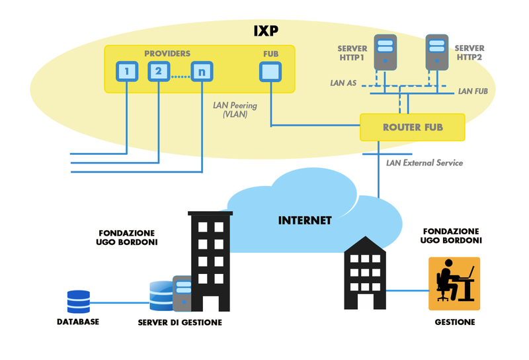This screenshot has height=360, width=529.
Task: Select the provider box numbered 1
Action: (126, 71)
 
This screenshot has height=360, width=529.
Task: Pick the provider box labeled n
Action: (201, 71)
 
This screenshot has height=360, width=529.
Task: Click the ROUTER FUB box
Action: (412, 127)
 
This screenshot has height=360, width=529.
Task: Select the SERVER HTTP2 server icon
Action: (435, 53)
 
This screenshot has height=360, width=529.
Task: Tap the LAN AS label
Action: (344, 84)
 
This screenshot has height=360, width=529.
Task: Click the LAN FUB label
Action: (473, 91)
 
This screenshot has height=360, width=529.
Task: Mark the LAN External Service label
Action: (425, 163)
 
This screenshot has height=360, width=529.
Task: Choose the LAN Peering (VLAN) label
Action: (235, 109)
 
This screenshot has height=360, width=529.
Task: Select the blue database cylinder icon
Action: (78, 302)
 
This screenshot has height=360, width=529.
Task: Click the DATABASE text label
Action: (77, 322)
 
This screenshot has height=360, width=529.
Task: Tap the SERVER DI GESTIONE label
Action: (180, 322)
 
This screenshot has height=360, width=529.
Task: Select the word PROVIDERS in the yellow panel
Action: (168, 53)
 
